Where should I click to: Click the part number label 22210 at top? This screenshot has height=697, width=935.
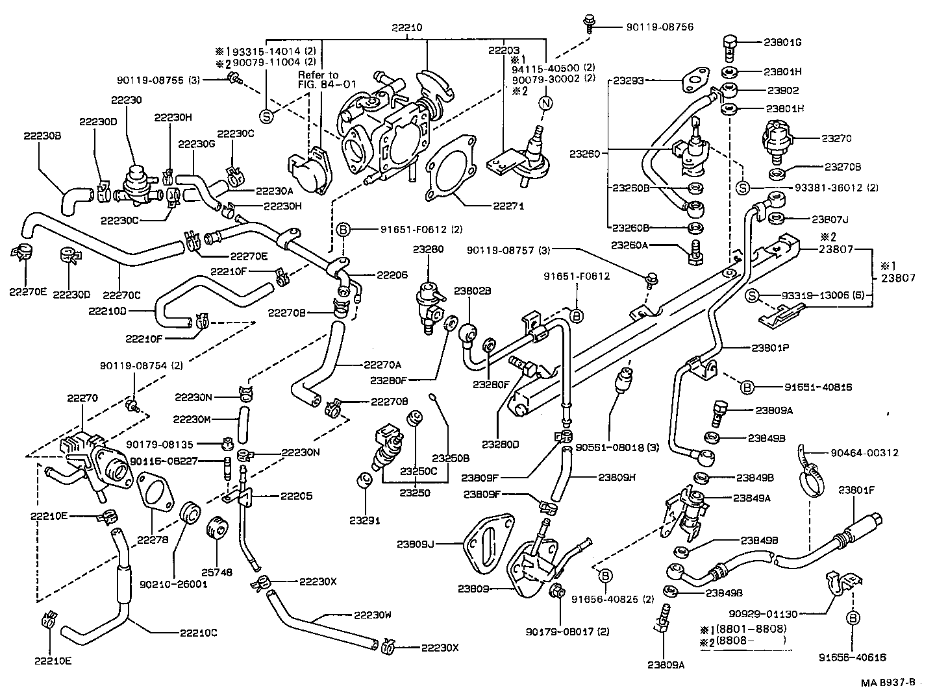(406, 29)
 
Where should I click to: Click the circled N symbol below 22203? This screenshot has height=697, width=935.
(546, 103)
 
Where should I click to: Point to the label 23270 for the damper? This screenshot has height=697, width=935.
(837, 138)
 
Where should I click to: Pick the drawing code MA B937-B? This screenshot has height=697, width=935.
(888, 682)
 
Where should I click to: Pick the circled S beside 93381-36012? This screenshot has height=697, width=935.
(744, 188)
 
